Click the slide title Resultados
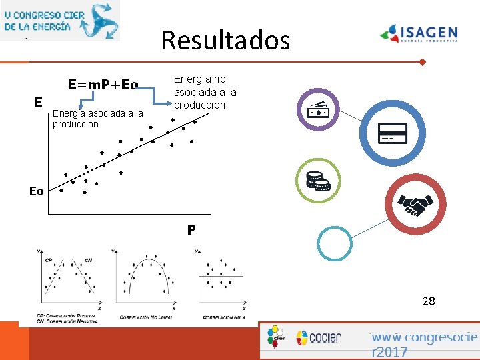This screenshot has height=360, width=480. click(225, 41)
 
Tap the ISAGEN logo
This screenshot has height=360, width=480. click(419, 33)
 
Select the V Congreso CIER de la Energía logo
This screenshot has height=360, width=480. click(60, 20)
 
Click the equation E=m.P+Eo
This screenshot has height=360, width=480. click(103, 85)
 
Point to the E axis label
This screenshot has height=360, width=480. click(39, 102)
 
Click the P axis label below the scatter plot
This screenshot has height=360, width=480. click(191, 230)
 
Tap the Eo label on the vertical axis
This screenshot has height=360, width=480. click(36, 191)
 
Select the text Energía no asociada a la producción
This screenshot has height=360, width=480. click(205, 92)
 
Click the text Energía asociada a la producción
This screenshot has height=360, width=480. click(97, 119)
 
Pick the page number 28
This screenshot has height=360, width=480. click(429, 301)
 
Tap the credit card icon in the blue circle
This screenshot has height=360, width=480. click(392, 133)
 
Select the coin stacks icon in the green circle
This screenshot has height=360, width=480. click(318, 181)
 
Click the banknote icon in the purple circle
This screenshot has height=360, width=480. click(319, 111)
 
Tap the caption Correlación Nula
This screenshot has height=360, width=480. click(224, 317)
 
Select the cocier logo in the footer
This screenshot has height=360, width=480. click(318, 337)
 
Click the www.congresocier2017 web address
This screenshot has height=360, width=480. click(424, 345)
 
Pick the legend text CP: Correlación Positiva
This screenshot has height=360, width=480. click(66, 315)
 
